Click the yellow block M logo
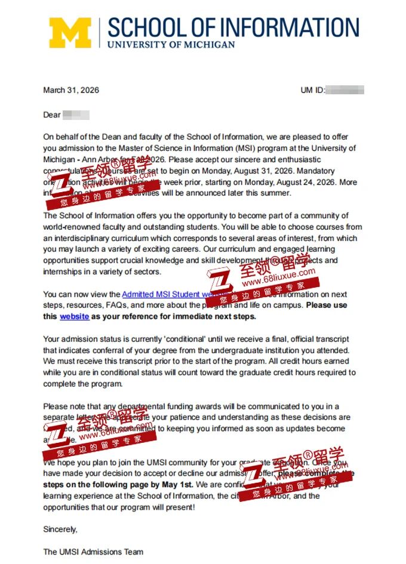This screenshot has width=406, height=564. [70, 33]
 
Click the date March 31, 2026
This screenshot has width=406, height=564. [71, 90]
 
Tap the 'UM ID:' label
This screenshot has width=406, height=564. [312, 90]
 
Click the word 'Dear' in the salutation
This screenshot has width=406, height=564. [52, 115]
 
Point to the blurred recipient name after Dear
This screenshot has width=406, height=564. [76, 115]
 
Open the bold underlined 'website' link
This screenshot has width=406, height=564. [74, 316]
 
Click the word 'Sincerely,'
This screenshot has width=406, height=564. [60, 529]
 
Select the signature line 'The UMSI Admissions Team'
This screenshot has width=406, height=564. [93, 551]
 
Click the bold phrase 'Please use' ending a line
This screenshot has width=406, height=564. [327, 305]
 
